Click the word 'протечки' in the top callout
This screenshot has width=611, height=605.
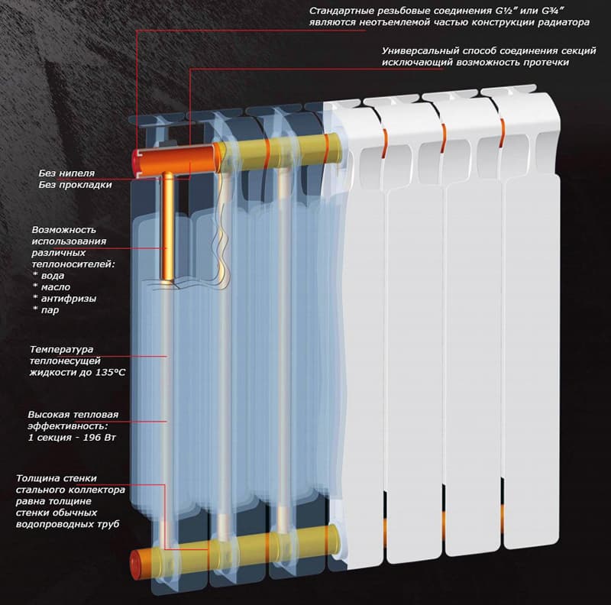point(546,62)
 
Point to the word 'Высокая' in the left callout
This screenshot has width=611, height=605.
point(49,414)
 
